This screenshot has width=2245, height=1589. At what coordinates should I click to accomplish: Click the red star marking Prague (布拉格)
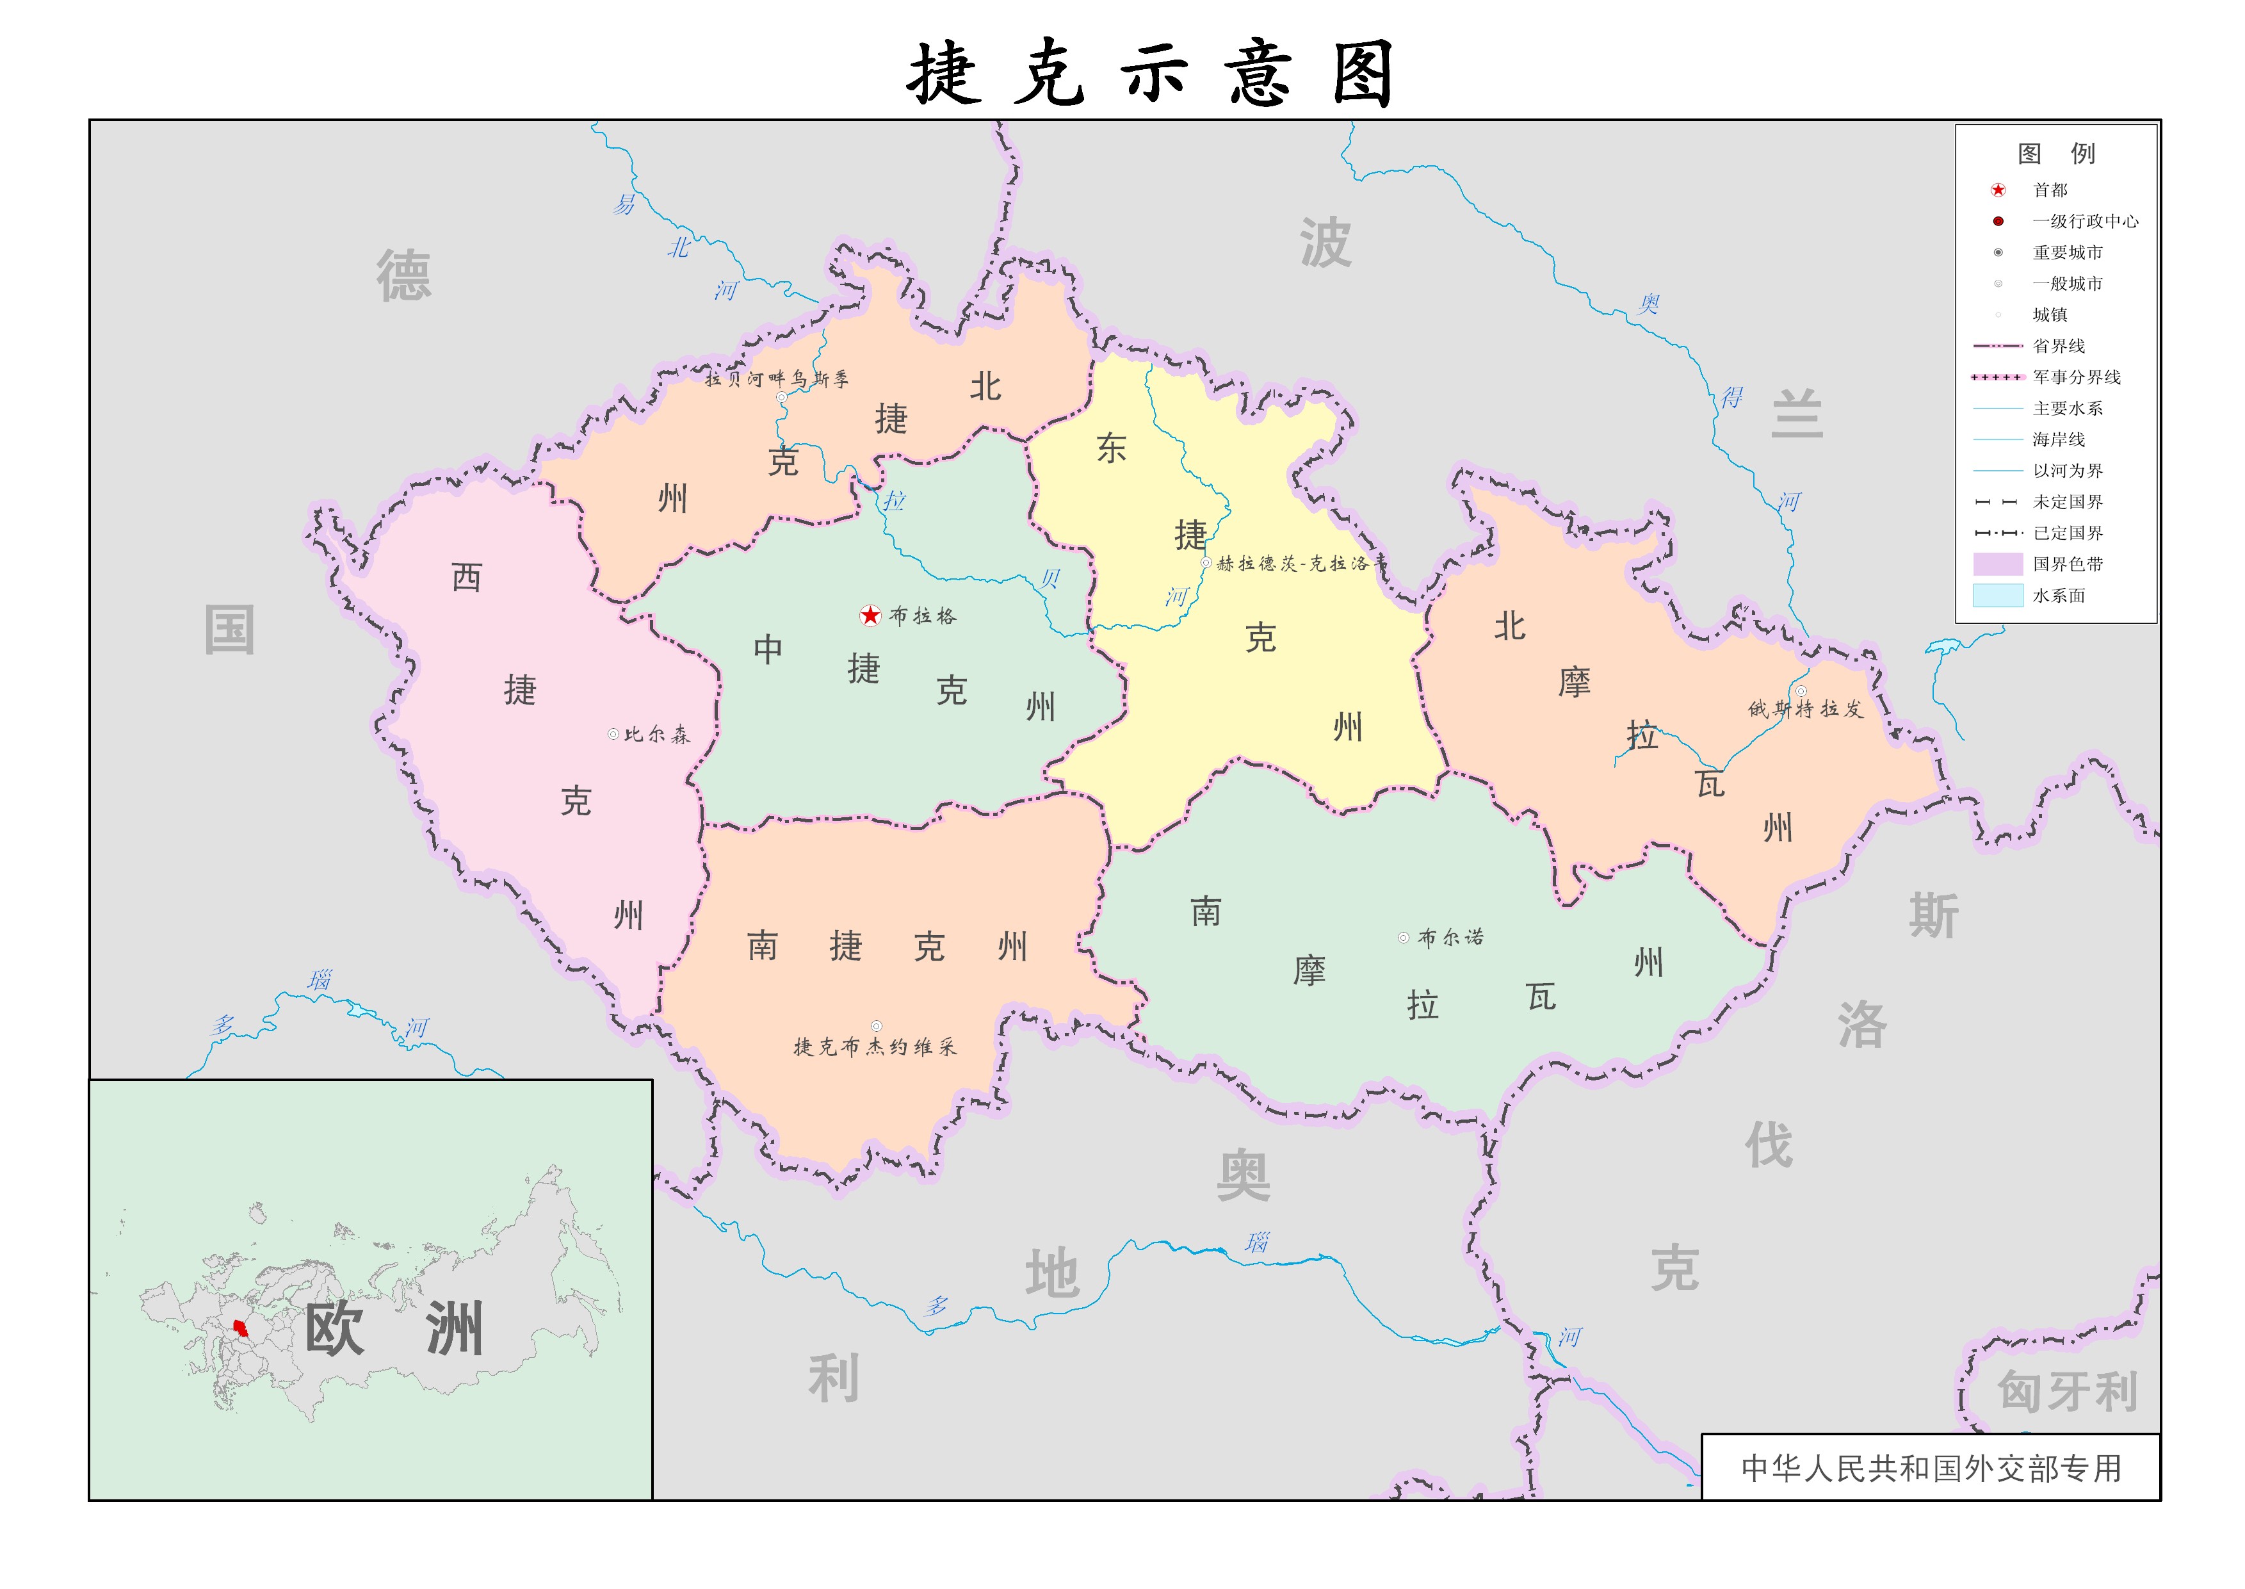tap(870, 615)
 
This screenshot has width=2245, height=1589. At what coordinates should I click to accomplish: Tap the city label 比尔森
tap(656, 734)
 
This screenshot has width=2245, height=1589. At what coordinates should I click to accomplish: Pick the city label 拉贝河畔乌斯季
tap(777, 379)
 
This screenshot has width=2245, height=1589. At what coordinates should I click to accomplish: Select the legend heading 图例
tap(2055, 154)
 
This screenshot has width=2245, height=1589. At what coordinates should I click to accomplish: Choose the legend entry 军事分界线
tap(2076, 377)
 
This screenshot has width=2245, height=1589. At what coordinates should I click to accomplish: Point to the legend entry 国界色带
tap(2067, 564)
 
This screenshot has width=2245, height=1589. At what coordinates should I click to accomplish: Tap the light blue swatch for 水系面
tap(1997, 595)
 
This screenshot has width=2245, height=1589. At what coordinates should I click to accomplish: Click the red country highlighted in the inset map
tap(239, 1329)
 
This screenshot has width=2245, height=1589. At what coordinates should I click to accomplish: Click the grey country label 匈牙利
tap(2067, 1390)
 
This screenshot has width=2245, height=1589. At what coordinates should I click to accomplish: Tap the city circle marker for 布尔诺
tap(1403, 938)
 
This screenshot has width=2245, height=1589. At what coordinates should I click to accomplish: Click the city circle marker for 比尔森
tap(613, 734)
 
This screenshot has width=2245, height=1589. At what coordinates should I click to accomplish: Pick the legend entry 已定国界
tap(2067, 532)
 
